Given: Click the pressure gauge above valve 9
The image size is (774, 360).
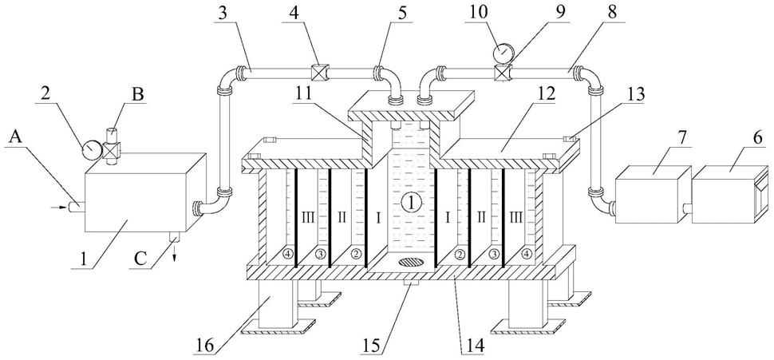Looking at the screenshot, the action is pyautogui.click(x=502, y=51).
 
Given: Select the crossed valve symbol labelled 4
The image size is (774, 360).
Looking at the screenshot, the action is pyautogui.click(x=318, y=73).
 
